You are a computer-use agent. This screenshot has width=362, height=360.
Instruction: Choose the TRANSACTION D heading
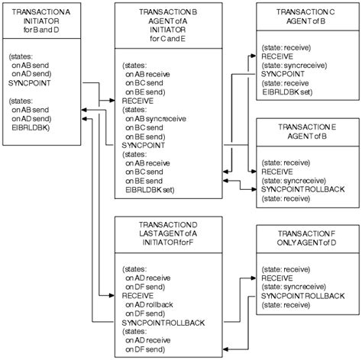[x=165, y=223]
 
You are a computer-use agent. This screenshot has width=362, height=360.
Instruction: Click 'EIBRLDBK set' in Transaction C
[x=286, y=92]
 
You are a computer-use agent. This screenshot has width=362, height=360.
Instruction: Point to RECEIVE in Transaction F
[x=278, y=277]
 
